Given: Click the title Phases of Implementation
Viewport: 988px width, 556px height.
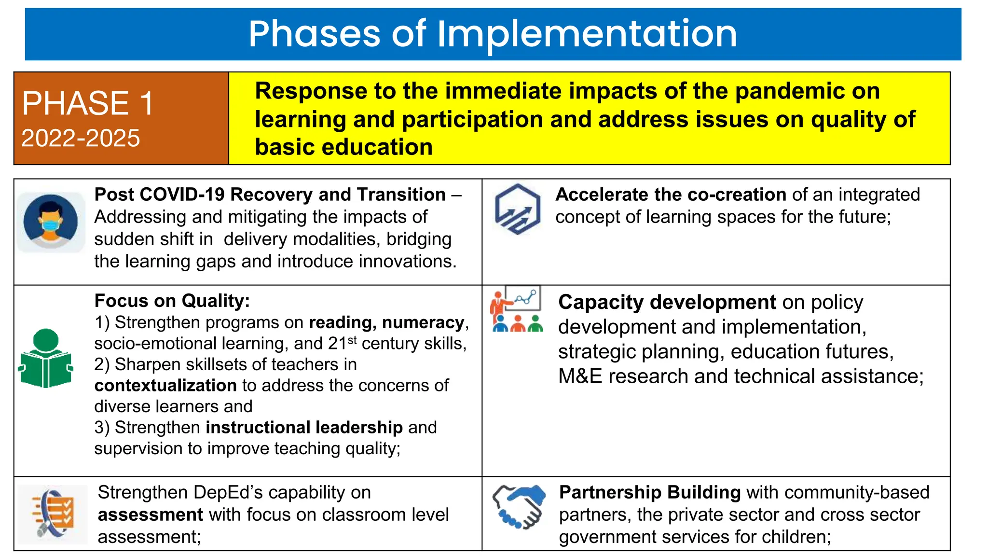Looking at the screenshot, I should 493,34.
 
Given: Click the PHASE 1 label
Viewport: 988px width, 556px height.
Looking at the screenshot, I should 87,103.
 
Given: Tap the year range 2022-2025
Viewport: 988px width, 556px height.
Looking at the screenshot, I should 81,139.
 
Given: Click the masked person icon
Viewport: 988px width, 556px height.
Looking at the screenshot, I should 51,222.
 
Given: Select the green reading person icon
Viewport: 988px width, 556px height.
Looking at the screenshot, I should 46,359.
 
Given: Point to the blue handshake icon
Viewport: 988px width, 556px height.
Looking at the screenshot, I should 519,507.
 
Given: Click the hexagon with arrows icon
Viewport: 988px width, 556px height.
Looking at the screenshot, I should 517,209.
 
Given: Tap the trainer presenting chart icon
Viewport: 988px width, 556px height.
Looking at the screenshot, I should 517,309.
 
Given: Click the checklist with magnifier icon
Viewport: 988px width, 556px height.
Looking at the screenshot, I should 53,514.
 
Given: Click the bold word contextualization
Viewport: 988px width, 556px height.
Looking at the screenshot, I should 165,386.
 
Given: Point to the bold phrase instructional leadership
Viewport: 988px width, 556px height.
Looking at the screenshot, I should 304,428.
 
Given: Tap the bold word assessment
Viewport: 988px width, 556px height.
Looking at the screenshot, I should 151,515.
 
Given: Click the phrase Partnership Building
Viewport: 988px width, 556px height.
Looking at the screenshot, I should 649,492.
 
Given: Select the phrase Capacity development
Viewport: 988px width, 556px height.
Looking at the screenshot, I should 667,303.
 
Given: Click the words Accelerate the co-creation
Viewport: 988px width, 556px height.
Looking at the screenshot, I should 671,195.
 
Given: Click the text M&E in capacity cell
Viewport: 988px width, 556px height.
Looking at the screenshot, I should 580,376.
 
